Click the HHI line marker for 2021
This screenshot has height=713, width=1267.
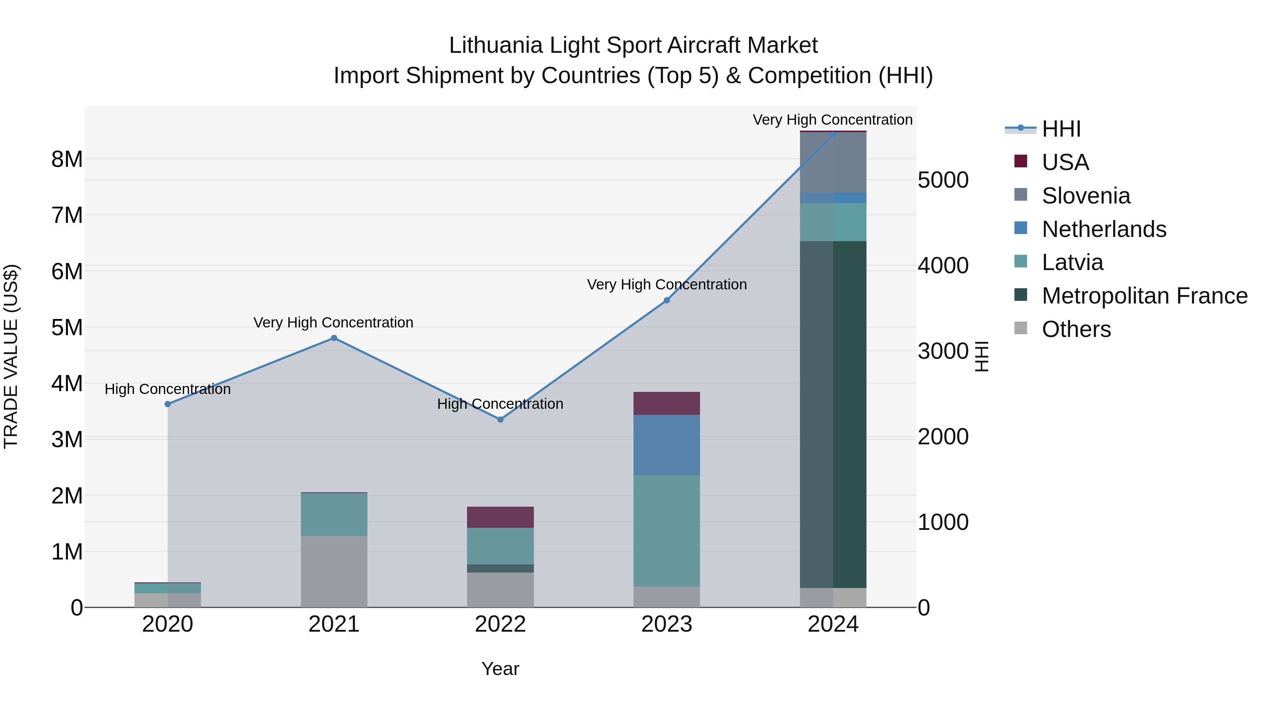click(334, 338)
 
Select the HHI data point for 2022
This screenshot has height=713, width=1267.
click(500, 420)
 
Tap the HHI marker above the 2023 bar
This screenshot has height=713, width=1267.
click(667, 300)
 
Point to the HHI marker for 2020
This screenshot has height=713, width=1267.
click(168, 404)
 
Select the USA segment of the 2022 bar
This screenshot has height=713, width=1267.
click(500, 517)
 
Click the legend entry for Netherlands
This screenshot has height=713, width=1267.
click(1103, 229)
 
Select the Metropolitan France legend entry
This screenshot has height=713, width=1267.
click(1144, 296)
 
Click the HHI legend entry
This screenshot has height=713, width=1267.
click(1061, 129)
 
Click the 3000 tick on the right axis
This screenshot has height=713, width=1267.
click(943, 351)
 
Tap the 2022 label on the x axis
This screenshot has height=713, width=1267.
click(500, 624)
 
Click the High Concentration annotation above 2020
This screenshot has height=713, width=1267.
click(168, 389)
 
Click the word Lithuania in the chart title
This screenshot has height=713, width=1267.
click(497, 46)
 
